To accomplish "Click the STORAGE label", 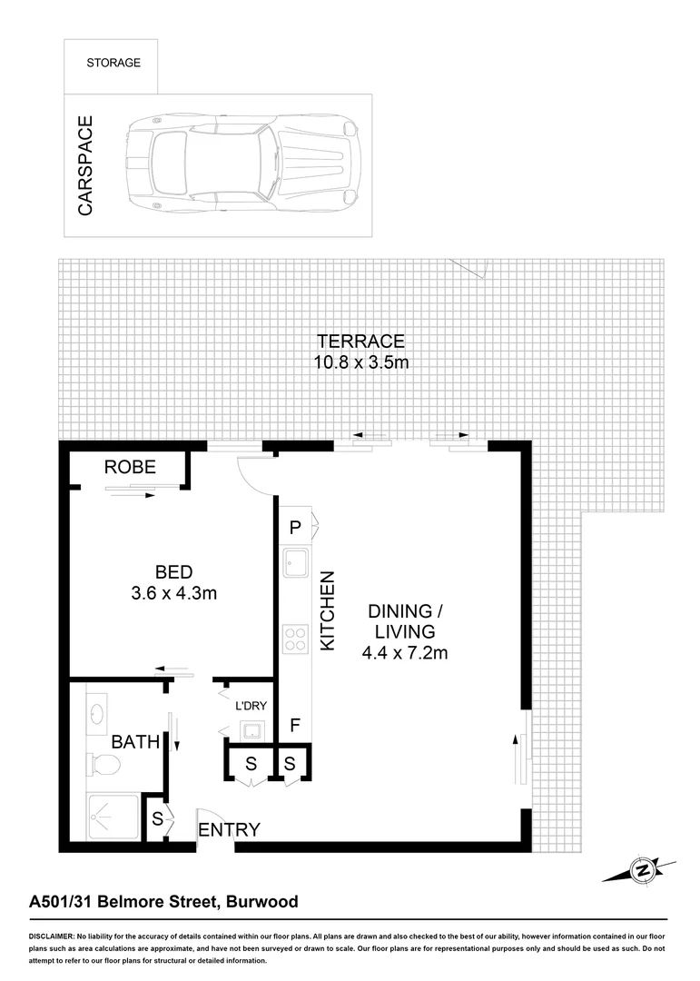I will point(113,63).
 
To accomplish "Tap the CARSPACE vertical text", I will point(85,165).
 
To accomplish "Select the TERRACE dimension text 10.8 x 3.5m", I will point(360,362).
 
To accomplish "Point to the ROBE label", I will point(130,468).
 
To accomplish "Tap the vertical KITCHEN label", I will point(329,610).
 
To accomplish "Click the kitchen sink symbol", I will point(296,563).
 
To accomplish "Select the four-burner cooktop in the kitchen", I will point(296,639).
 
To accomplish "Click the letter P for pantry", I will point(295,527).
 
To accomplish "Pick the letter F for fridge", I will point(294,726).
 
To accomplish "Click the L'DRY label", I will point(250,706).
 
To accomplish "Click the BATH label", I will point(135,742).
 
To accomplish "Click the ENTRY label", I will point(229,829).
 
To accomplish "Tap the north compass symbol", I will point(642,870).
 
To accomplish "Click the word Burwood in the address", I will point(262,902).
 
